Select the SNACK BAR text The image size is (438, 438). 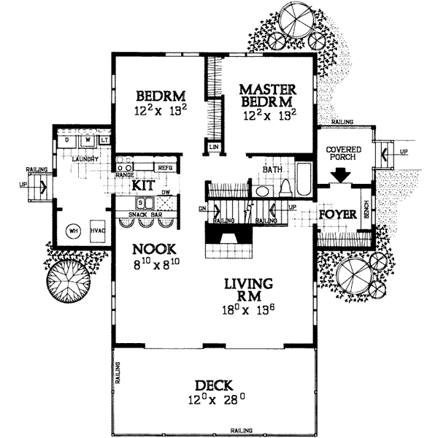tap(145, 214)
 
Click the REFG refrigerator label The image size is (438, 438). tap(165, 168)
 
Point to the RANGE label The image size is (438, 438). tap(123, 174)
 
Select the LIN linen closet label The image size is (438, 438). tap(214, 147)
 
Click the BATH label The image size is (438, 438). tap(272, 169)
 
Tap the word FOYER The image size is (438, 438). tap(337, 215)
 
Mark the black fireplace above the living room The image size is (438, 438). tap(226, 235)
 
